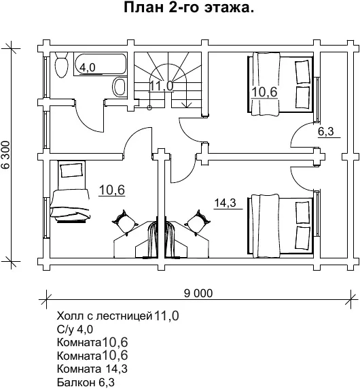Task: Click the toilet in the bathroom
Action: click(61, 65)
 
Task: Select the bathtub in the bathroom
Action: click(101, 64)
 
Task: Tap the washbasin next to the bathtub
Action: click(120, 86)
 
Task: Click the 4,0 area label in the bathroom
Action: click(88, 67)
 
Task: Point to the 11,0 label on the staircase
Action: click(161, 86)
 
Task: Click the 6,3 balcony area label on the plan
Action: click(326, 131)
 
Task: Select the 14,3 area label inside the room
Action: click(225, 203)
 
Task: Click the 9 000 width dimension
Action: click(198, 293)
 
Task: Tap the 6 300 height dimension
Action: click(5, 155)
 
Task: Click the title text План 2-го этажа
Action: click(189, 7)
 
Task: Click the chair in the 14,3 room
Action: click(199, 222)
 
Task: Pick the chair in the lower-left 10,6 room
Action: click(125, 222)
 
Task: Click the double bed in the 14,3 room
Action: click(281, 226)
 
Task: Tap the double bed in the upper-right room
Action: click(281, 84)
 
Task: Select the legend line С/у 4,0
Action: click(75, 329)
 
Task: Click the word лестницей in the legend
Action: click(124, 316)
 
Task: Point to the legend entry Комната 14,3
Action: click(92, 369)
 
